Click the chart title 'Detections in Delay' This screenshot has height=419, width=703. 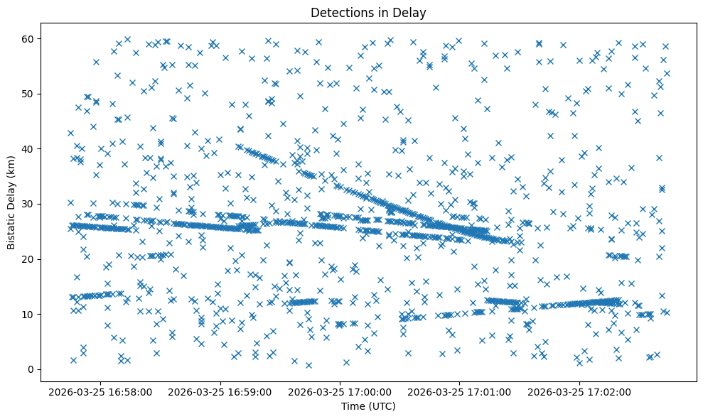tap(368, 13)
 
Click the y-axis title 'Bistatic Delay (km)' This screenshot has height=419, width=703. tap(12, 201)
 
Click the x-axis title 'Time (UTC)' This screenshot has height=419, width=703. tap(368, 406)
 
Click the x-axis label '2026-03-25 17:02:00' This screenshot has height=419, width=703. tap(579, 391)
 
